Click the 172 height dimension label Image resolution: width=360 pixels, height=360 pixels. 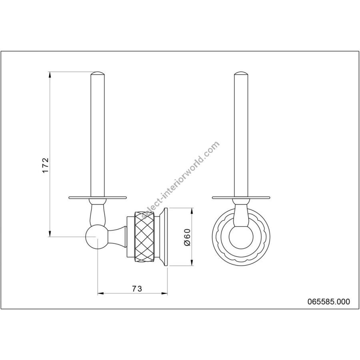[46, 165]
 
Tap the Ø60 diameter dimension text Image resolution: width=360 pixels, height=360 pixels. [187, 237]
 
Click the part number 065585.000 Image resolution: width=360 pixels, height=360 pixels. [329, 302]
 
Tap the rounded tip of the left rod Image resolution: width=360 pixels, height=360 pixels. [98, 73]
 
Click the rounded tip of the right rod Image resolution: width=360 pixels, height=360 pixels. [241, 73]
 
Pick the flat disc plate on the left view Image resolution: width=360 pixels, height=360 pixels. [98, 197]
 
